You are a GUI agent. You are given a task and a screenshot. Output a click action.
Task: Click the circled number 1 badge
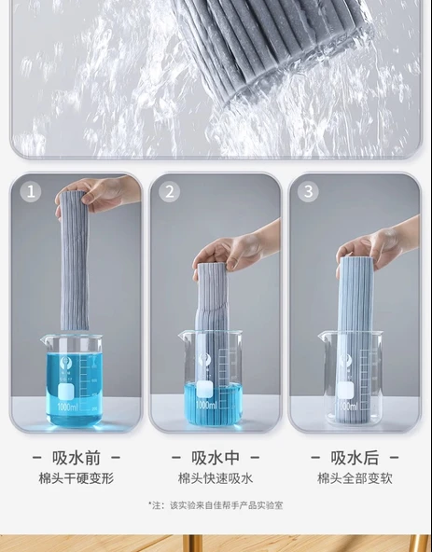click(31, 191)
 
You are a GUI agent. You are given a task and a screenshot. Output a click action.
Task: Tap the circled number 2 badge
click(170, 191)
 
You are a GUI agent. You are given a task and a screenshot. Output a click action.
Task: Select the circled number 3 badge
click(308, 191)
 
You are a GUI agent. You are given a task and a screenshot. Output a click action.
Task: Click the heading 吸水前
click(77, 458)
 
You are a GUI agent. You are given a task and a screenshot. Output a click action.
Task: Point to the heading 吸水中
click(216, 458)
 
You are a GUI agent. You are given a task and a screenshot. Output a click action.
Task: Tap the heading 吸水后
click(355, 458)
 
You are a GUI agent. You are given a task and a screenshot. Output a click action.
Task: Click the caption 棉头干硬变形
click(77, 478)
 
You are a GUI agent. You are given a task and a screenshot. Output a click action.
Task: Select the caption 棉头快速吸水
click(216, 478)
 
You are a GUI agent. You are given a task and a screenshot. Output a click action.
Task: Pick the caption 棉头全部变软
click(355, 478)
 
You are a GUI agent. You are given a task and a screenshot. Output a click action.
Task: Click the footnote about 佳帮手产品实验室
click(216, 505)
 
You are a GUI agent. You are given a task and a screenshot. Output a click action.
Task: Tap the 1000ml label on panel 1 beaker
click(68, 407)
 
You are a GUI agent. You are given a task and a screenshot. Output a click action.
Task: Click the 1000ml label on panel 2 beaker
click(206, 406)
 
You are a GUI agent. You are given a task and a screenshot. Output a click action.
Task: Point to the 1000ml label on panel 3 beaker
click(346, 407)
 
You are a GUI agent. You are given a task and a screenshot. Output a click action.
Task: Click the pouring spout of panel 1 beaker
click(45, 339)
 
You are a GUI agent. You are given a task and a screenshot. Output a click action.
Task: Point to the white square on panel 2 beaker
click(204, 391)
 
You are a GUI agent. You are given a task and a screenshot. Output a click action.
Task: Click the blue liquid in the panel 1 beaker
click(75, 389)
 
